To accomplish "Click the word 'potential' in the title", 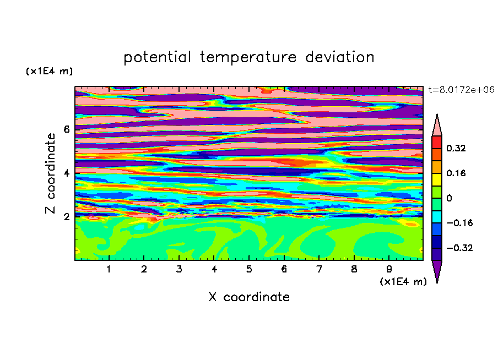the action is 157,57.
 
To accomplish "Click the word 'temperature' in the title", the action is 248,57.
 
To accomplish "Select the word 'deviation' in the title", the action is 340,57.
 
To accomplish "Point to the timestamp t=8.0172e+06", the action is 461,90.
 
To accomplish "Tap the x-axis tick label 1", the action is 109,269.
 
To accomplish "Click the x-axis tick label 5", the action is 249,269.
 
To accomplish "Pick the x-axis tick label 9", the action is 389,269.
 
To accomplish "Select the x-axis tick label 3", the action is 179,269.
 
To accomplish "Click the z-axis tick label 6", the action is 66,129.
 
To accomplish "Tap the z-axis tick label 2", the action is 66,217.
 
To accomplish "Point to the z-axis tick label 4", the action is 66,173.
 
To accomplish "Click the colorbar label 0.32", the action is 456,148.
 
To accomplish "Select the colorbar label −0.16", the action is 459,223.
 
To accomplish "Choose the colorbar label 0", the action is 449,198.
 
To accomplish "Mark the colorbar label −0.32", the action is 459,248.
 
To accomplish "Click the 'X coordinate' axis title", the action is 249,297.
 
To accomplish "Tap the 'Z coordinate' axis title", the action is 50,173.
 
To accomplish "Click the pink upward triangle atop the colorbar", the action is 437,126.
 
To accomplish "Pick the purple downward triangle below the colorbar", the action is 437,271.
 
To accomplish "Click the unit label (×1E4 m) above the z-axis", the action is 49,71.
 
